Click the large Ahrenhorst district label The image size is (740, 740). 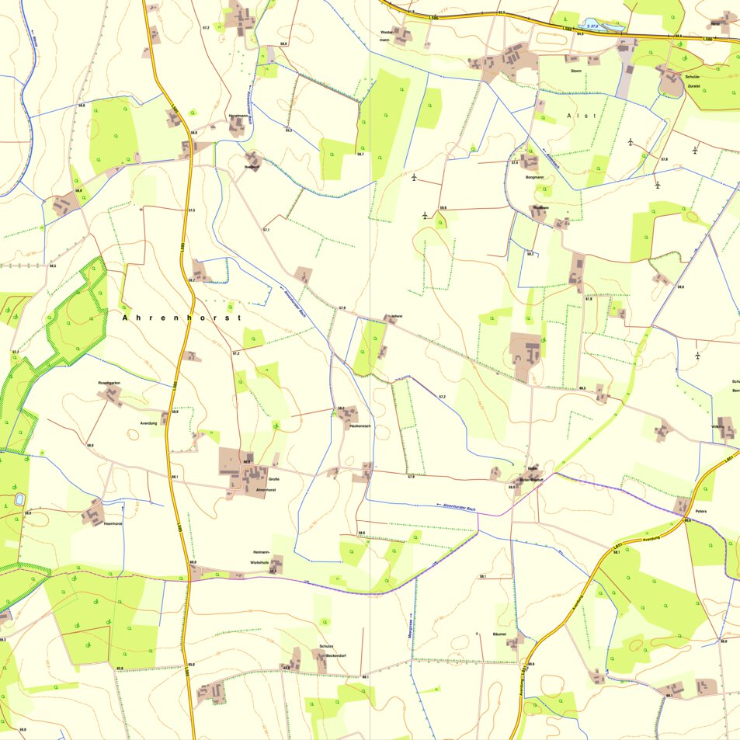click(x=182, y=318)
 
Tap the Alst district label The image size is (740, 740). click(x=581, y=116)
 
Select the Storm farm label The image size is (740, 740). click(x=576, y=71)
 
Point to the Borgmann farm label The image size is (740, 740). click(x=535, y=177)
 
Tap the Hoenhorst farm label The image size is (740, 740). click(x=113, y=524)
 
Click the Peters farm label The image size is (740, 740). click(x=701, y=512)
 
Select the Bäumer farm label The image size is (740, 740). click(x=500, y=634)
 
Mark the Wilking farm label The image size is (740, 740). click(x=717, y=427)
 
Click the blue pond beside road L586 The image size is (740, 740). click(x=604, y=28)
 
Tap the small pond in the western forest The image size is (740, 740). click(x=19, y=499)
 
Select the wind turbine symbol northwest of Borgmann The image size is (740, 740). click(x=415, y=178)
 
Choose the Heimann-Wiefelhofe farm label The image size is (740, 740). click(x=259, y=556)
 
